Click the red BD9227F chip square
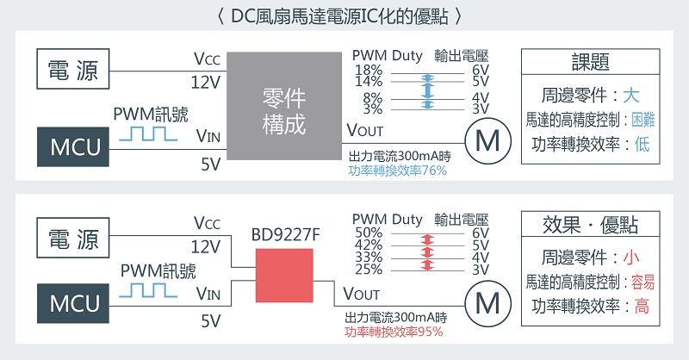pos(284,276)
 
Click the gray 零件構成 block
pos(284,106)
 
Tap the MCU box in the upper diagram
pos(73,146)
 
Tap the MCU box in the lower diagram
pos(73,303)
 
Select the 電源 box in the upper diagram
pos(73,69)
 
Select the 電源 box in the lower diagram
pos(73,238)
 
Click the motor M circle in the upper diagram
pos(487,141)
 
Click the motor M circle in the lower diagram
pos(487,303)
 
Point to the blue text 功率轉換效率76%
pos(397,171)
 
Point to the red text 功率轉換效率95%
pos(394,332)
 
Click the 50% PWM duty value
pos(369,233)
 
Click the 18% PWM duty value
pos(369,70)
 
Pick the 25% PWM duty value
pos(369,269)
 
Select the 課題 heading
pos(590,62)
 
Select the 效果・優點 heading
pos(590,225)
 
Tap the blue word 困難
pos(642,120)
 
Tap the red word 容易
pos(642,282)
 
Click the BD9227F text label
pos(285,235)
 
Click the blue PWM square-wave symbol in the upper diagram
pos(148,133)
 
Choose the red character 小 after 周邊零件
pos(630,258)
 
